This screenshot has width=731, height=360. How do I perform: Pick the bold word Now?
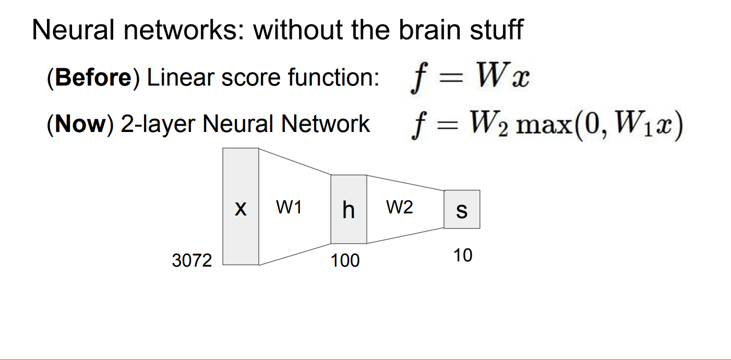(80, 125)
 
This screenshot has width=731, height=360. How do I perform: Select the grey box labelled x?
(241, 207)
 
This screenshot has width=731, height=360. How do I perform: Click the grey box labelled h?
(349, 209)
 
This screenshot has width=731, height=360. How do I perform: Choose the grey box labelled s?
(462, 209)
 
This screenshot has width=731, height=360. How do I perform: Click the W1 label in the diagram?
(289, 208)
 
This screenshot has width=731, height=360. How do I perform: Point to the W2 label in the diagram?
(400, 208)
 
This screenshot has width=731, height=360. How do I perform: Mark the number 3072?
(192, 260)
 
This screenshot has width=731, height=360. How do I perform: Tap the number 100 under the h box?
(345, 260)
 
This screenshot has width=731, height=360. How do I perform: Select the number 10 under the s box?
(463, 255)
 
